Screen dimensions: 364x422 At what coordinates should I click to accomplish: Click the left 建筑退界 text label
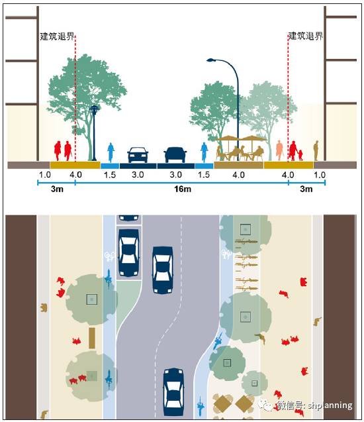point(57,36)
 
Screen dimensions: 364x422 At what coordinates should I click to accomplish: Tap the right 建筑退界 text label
point(305,36)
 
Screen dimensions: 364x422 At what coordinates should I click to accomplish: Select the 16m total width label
point(183,189)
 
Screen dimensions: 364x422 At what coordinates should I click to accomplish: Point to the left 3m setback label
point(57,189)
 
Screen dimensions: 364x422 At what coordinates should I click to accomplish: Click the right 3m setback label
point(306,189)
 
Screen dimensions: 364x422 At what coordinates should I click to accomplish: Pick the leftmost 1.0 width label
point(44,175)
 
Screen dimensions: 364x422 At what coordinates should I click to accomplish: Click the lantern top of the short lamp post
point(94,109)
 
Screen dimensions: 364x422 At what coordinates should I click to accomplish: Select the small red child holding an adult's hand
point(300,155)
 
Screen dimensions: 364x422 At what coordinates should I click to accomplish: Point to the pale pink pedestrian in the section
point(280,150)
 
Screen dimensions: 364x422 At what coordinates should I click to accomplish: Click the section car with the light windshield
point(138,155)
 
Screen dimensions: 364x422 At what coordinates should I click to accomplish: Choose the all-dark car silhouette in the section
point(175,155)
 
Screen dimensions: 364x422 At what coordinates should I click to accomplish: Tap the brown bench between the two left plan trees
point(92,338)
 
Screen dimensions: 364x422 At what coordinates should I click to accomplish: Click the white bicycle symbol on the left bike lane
point(109,256)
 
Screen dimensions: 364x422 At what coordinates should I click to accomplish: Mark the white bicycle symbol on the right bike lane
point(226,254)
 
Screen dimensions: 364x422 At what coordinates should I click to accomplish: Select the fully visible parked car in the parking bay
point(129,253)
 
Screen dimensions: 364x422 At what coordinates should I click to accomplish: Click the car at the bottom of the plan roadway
point(173,392)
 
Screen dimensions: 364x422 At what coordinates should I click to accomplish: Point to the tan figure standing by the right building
point(316,151)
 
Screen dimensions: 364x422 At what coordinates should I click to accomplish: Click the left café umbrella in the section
point(228,138)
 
